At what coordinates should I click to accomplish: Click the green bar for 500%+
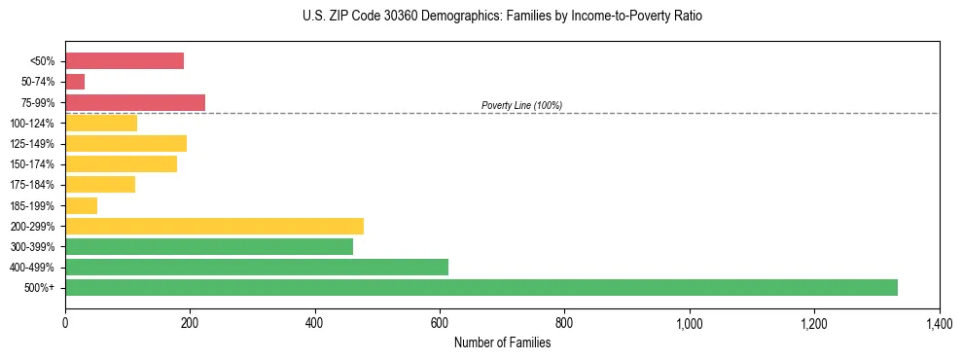tap(481, 288)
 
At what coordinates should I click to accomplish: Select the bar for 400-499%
tap(257, 268)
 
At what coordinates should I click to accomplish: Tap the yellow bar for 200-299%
tap(214, 227)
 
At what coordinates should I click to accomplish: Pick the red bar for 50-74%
tap(75, 82)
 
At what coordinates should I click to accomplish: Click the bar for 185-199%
tap(82, 205)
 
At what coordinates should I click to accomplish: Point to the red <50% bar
tap(125, 61)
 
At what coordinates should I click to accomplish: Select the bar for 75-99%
tap(135, 102)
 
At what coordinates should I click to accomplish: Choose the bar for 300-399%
tap(209, 247)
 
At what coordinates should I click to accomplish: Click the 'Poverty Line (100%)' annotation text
tap(521, 105)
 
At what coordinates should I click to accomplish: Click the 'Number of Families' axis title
tap(502, 342)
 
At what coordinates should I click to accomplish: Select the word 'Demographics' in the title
tap(456, 17)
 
